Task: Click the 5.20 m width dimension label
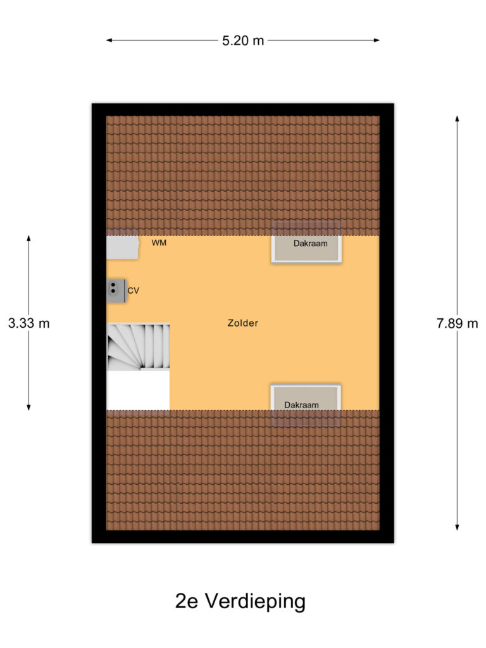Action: [242, 40]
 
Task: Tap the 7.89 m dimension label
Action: [457, 323]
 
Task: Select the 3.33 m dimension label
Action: [28, 323]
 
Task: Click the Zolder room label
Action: [243, 323]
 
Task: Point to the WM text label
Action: [159, 243]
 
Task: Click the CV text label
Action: [133, 290]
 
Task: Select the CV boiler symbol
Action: [115, 289]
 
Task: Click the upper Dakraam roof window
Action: [307, 243]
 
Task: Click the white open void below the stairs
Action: [138, 390]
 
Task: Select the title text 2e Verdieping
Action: [240, 601]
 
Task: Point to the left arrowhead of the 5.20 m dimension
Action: [109, 40]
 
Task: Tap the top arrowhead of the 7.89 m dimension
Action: [457, 118]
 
